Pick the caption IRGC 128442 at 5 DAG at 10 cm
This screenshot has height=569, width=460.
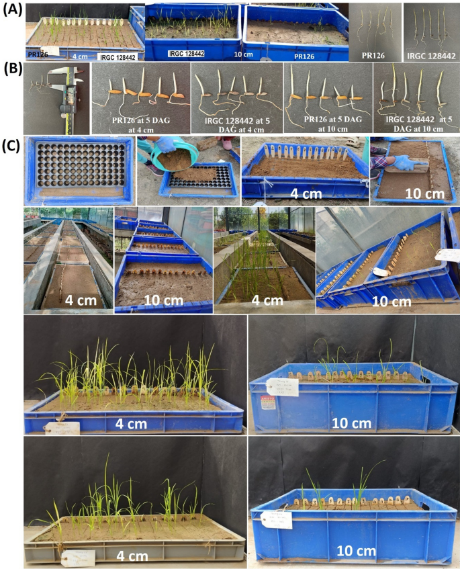[412, 124]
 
